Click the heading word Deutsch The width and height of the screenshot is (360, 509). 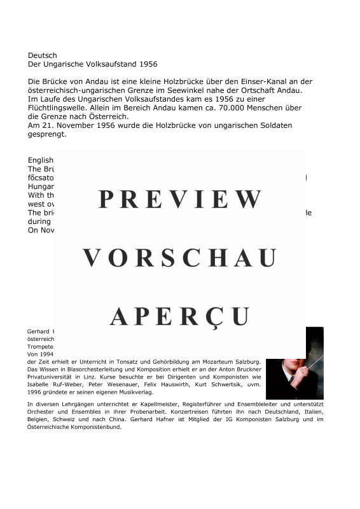42,55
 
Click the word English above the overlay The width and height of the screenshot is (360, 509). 41,160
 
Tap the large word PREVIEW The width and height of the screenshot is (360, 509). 180,200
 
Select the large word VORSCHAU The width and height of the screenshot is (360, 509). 180,258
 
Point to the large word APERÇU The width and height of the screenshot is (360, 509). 180,316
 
